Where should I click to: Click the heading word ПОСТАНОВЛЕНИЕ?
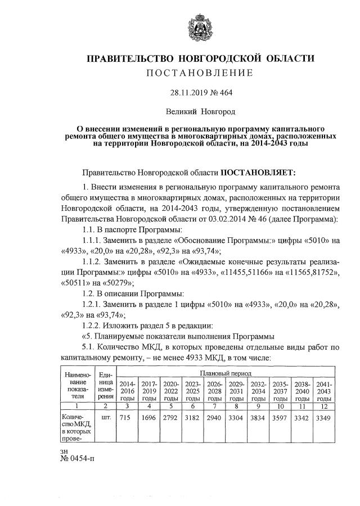[x=200, y=73]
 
